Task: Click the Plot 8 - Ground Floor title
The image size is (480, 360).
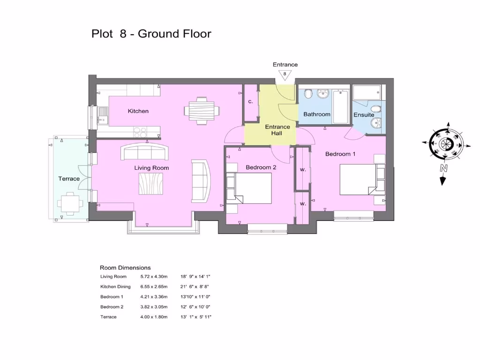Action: click(x=151, y=34)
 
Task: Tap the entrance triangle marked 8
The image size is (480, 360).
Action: click(x=285, y=74)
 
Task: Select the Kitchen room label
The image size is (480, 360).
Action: click(x=138, y=111)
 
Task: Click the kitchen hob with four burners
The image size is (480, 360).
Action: click(x=140, y=132)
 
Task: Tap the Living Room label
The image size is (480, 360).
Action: click(x=151, y=168)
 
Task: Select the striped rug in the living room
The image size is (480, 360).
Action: click(x=151, y=183)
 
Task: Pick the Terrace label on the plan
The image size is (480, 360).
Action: click(x=69, y=179)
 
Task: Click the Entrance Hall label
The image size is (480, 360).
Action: click(x=277, y=130)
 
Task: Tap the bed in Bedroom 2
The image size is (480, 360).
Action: click(x=252, y=188)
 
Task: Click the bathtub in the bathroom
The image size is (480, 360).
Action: click(x=341, y=106)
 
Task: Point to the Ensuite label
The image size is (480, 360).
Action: click(x=364, y=115)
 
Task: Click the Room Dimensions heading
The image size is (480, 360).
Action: click(x=125, y=268)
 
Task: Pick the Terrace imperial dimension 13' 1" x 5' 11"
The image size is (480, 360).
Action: click(x=195, y=317)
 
